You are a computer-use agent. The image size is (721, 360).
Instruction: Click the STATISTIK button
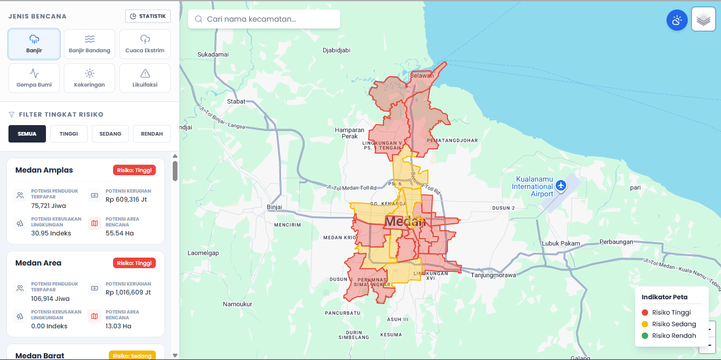[x=148, y=16]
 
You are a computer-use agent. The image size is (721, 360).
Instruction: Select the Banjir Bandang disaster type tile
[x=89, y=44]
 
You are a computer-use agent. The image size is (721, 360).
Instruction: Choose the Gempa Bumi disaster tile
[x=34, y=78]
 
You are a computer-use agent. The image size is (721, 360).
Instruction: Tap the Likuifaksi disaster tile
[x=145, y=78]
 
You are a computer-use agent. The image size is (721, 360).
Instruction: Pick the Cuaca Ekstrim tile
[x=145, y=44]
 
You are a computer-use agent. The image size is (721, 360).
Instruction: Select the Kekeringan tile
[x=89, y=78]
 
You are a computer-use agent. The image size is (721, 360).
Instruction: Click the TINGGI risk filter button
[x=69, y=134]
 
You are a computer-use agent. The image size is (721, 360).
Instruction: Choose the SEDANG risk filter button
[x=110, y=134]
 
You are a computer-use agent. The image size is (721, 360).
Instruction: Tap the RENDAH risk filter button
[x=152, y=134]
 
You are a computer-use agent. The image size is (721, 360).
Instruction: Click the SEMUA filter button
[x=27, y=134]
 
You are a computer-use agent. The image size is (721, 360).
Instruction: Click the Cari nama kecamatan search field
[x=264, y=19]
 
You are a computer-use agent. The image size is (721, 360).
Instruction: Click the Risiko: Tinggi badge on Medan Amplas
[x=134, y=170]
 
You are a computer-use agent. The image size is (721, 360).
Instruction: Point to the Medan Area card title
[x=39, y=263]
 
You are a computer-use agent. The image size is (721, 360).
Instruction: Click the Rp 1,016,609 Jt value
[x=128, y=292]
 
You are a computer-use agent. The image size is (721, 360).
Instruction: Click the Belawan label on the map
[x=422, y=75]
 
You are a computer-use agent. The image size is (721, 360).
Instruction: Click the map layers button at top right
[x=703, y=20]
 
